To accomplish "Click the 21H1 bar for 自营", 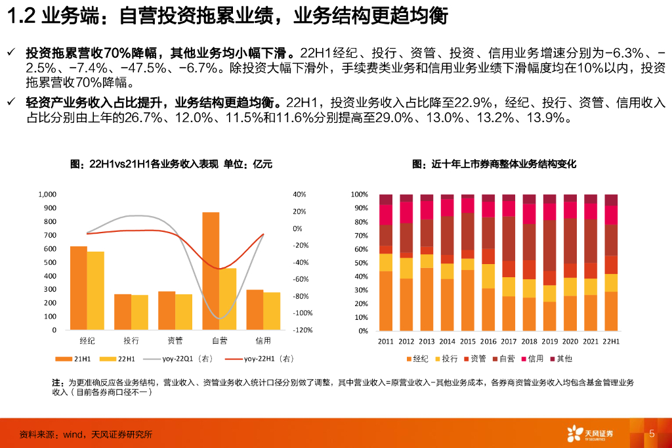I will point(211,271).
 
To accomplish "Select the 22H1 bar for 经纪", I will point(96,290).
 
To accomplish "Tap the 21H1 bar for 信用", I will point(255,309).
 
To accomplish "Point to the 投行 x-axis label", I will point(131,340).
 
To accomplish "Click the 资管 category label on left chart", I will point(175,340).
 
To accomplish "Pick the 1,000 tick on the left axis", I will point(49,194).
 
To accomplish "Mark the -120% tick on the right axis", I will point(303,330).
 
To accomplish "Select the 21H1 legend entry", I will point(81,359).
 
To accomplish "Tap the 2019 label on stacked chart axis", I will point(551,342).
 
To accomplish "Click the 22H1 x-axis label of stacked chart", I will point(611,342).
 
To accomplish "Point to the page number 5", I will point(652,433).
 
